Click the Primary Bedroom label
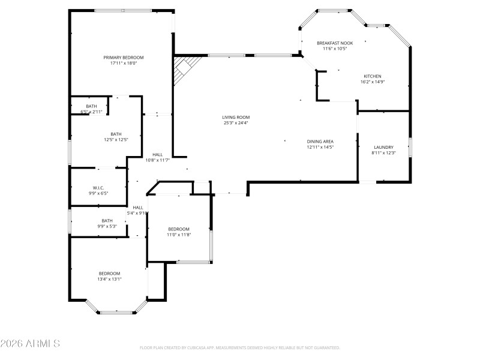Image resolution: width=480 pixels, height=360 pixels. coord(124,58)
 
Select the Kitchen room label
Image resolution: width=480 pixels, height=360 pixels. coord(372,76)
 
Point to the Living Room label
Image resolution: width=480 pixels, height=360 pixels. coord(236,118)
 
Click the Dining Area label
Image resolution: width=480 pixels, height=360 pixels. coord(320,141)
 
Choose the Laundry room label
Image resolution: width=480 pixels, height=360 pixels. coord(383,147)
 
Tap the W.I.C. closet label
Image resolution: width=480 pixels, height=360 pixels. coord(98,188)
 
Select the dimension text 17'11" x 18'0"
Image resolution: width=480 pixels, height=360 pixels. coord(124,63)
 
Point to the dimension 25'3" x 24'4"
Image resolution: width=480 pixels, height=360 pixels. coord(236,123)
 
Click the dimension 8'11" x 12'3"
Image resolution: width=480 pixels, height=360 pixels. coord(383,152)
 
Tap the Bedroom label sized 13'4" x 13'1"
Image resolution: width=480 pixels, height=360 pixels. coord(109,274)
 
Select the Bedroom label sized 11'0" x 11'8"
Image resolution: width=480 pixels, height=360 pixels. coord(179,229)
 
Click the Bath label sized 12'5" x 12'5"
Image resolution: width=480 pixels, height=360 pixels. coord(116,134)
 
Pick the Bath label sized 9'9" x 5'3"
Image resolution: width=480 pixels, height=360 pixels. coord(107,220)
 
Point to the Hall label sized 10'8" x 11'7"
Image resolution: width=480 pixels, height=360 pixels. coord(158,155)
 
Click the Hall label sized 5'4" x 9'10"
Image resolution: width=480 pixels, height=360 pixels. coord(137,208)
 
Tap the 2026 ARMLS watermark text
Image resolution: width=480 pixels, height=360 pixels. coord(30,344)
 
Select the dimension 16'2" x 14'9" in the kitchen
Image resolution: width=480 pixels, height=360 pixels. coord(372,82)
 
